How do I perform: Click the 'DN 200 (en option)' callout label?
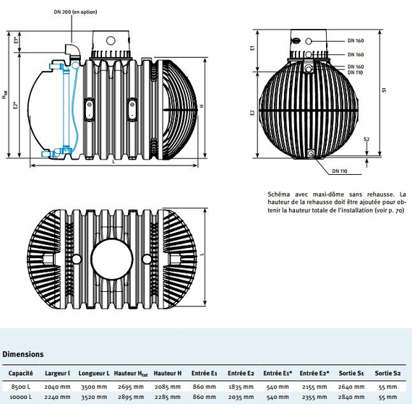[x=75, y=12]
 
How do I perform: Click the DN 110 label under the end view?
[x=340, y=171]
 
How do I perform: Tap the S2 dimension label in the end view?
[x=366, y=140]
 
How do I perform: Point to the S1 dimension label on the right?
[x=385, y=90]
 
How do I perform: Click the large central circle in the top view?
[x=112, y=259]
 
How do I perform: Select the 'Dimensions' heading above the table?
[x=23, y=354]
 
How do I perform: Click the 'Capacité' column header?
[x=20, y=373]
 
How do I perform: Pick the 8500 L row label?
[x=21, y=387]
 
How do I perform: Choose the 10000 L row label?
[x=21, y=397]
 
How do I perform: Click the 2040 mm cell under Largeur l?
[x=57, y=387]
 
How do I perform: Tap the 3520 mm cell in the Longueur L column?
[x=94, y=397]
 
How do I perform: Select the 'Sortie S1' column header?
[x=351, y=373]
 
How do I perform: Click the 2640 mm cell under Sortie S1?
[x=351, y=387]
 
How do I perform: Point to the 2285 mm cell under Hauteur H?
[x=168, y=397]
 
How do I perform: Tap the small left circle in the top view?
[x=77, y=259]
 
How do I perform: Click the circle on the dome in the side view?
[x=111, y=40]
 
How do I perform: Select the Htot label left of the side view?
[x=5, y=95]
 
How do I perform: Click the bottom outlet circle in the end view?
[x=311, y=153]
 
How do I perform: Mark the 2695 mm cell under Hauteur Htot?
[x=131, y=387]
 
